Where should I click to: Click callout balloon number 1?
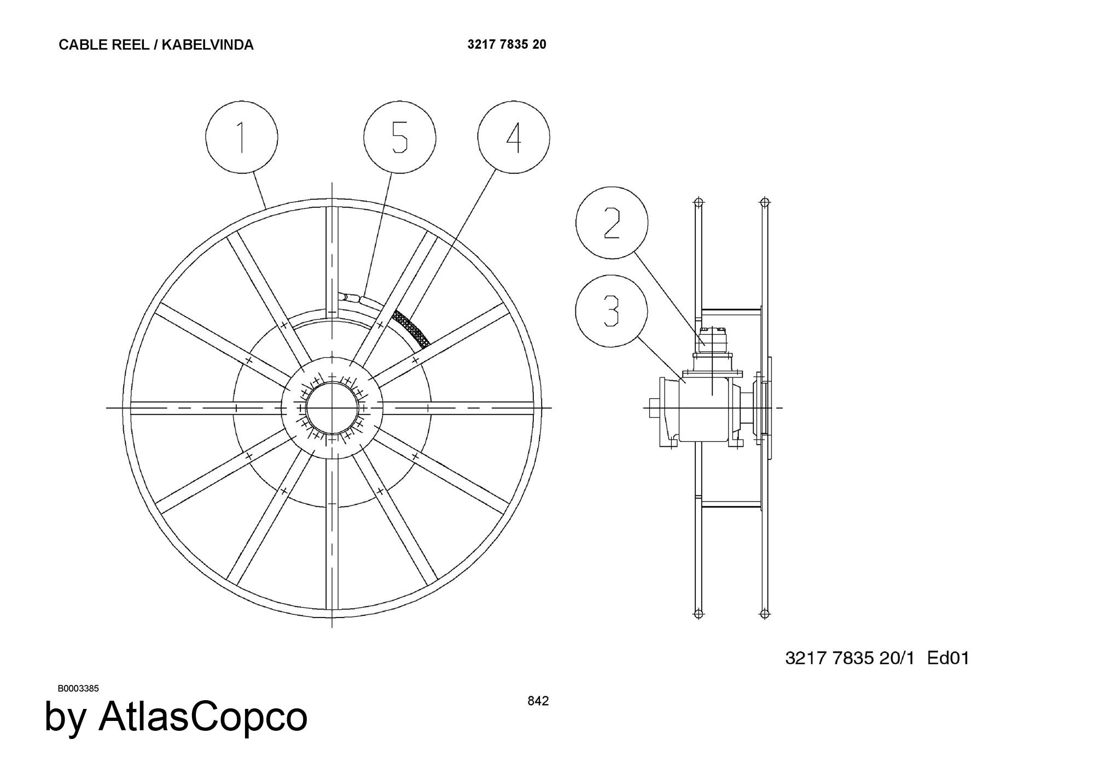pos(242,137)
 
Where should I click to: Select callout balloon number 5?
pos(400,137)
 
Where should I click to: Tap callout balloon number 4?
pos(514,137)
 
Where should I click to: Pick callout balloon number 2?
pos(612,223)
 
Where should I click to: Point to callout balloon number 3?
pos(612,311)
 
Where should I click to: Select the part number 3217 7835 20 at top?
pos(507,44)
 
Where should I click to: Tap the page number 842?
pos(538,701)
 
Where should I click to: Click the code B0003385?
pos(78,689)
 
